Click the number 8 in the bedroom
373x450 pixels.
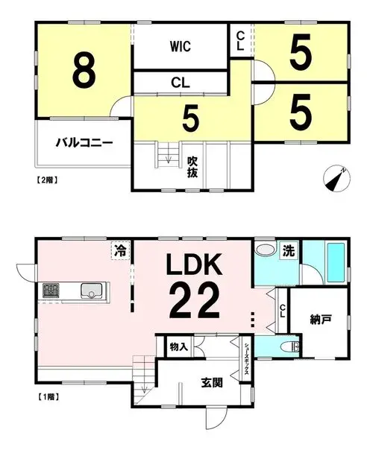pos(84,71)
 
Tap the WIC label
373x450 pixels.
pos(181,46)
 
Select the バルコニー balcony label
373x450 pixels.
pos(84,142)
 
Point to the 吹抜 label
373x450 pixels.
pos(192,168)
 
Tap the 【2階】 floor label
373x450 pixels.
pos(48,180)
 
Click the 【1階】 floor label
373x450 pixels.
pos(48,397)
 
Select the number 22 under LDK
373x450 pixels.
pos(195,300)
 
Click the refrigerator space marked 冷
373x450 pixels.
pos(120,250)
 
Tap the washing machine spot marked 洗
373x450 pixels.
pos(289,251)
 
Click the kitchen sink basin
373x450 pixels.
pos(91,291)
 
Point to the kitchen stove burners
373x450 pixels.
pos(51,291)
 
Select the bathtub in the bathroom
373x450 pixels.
pos(336,263)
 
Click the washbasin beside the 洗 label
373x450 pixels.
pos(266,249)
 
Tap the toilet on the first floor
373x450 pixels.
pos(292,347)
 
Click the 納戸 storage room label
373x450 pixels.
pos(321,320)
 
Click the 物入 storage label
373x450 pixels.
pos(179,347)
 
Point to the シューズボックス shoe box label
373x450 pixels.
pos(247,359)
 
